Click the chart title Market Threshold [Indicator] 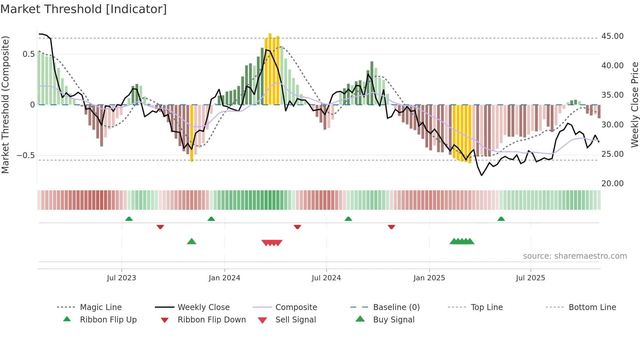[84, 9]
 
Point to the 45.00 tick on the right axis [612, 36]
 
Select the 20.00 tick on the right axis [612, 184]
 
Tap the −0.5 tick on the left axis [25, 155]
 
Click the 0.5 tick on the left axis [28, 54]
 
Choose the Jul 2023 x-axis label [121, 278]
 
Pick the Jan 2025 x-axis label [429, 278]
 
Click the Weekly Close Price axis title [634, 105]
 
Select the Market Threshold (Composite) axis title [5, 105]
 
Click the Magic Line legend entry [101, 307]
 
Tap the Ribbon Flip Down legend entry [212, 320]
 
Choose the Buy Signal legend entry [393, 320]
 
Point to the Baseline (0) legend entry [396, 307]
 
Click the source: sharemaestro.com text [575, 256]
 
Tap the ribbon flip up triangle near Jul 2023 [129, 219]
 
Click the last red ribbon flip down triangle [392, 227]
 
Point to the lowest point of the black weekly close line [482, 175]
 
